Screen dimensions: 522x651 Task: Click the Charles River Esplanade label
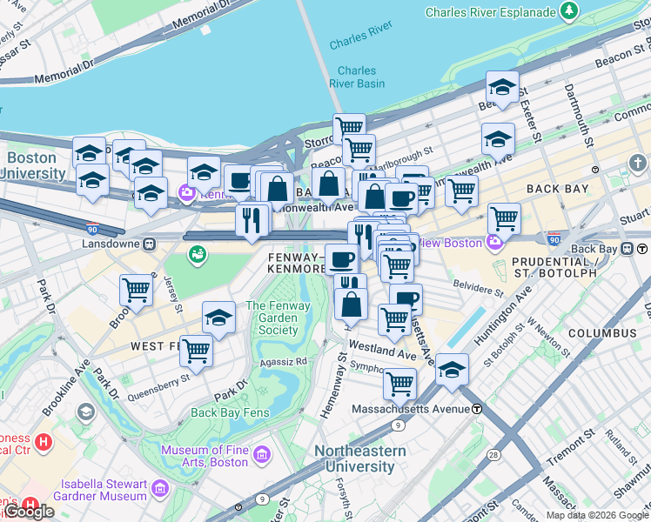coord(489,12)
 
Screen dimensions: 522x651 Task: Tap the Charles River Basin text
coord(357,77)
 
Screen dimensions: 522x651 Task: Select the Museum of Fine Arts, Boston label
coord(205,455)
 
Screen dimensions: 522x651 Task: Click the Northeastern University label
coord(359,458)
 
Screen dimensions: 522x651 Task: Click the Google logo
coord(28,511)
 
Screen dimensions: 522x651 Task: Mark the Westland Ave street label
coord(382,354)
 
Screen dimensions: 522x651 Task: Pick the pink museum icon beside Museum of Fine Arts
coord(260,454)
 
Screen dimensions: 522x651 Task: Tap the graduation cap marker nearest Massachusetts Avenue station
coord(452,369)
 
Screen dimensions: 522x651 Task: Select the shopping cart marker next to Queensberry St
coord(197,351)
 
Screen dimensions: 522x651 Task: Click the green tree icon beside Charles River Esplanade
coord(570,11)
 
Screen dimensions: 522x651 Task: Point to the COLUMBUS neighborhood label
coord(602,333)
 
